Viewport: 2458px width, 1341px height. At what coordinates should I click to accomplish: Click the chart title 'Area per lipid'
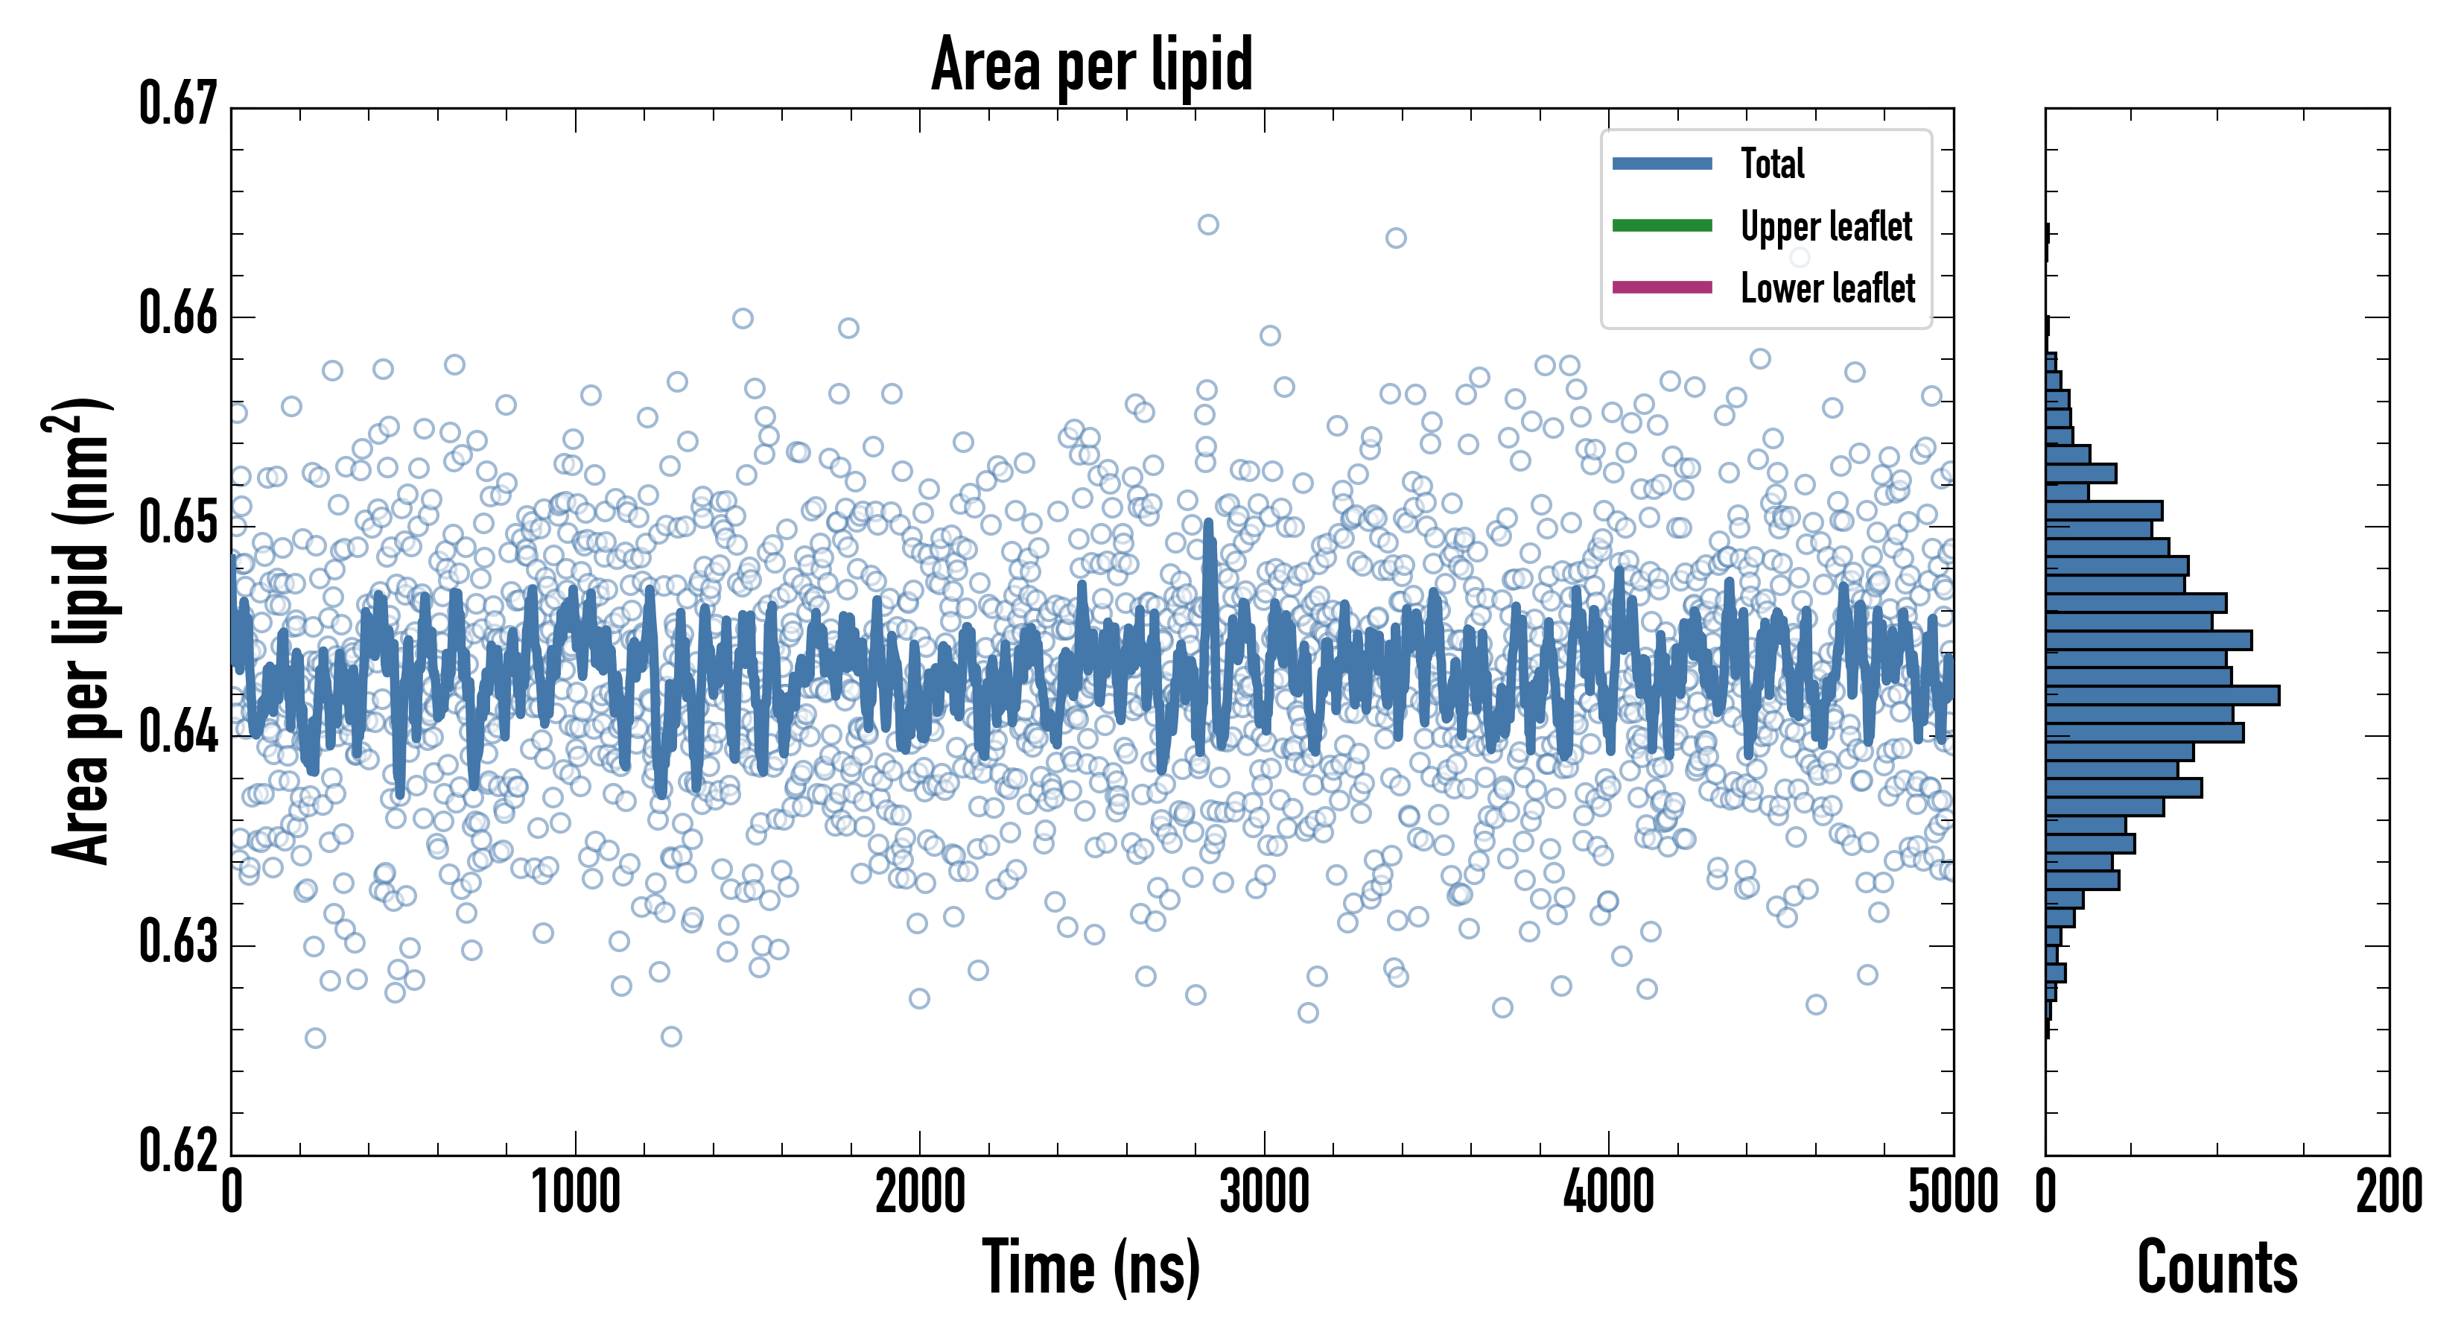coord(1092,65)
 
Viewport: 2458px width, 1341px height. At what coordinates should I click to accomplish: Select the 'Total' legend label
coord(1772,164)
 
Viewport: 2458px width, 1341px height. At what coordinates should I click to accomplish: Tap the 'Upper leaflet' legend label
coord(1826,227)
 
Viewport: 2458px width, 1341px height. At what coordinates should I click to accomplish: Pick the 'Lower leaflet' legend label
coord(1827,288)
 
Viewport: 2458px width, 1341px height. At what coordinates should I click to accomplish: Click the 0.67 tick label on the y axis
coord(179,104)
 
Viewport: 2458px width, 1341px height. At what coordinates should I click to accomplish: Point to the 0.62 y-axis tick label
coord(179,1150)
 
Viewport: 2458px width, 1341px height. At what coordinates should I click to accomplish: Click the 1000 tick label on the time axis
coord(575,1193)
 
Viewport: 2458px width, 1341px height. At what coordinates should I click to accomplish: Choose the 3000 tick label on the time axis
coord(1264,1193)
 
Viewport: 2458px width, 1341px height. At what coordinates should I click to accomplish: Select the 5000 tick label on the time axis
coord(1952,1193)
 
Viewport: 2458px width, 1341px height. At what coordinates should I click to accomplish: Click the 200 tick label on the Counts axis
coord(2388,1193)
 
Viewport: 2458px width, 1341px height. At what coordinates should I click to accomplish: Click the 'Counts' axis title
coord(2217,1267)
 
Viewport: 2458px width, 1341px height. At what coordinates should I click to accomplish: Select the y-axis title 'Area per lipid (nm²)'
coord(81,631)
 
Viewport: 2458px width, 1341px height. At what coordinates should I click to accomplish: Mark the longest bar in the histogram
coord(2162,696)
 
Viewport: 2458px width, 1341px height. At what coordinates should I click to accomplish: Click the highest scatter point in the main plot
coord(1208,225)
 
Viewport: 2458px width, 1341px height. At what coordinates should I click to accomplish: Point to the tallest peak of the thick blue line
coord(1208,523)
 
